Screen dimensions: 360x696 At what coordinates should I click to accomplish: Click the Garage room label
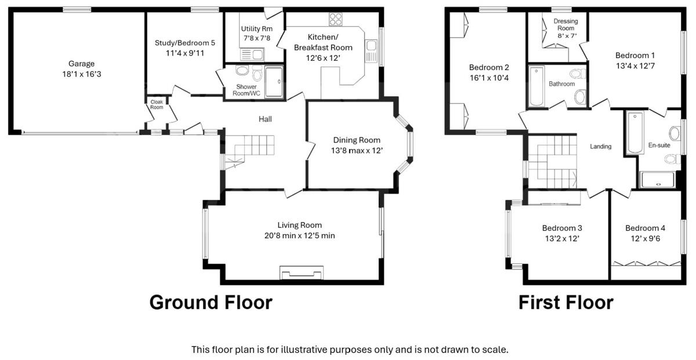[81, 64]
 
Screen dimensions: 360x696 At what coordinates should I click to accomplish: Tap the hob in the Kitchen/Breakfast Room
[335, 19]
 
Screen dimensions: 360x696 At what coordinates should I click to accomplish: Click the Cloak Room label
[157, 104]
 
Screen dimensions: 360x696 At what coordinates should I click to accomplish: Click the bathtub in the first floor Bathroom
[536, 87]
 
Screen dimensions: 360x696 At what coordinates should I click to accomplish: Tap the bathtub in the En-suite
[635, 133]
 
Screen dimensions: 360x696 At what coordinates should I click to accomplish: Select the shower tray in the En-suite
[658, 179]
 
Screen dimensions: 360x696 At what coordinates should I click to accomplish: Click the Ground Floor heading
[211, 303]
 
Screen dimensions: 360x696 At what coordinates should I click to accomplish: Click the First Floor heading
[565, 303]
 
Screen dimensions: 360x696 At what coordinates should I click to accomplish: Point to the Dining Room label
[357, 140]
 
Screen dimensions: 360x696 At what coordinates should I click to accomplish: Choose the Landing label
[600, 147]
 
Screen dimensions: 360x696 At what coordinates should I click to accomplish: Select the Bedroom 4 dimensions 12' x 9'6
[646, 238]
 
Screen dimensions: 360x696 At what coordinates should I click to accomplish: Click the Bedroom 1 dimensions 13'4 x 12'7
[635, 66]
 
